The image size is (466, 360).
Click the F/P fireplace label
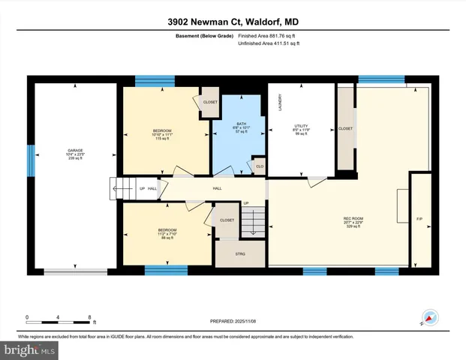pos(419,219)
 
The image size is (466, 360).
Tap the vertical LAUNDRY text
pos(279,102)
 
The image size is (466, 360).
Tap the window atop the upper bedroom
pos(155,79)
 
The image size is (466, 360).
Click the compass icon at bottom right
pos(428,317)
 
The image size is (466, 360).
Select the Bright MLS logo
pos(29,349)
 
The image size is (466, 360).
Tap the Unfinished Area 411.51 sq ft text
pos(268,44)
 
